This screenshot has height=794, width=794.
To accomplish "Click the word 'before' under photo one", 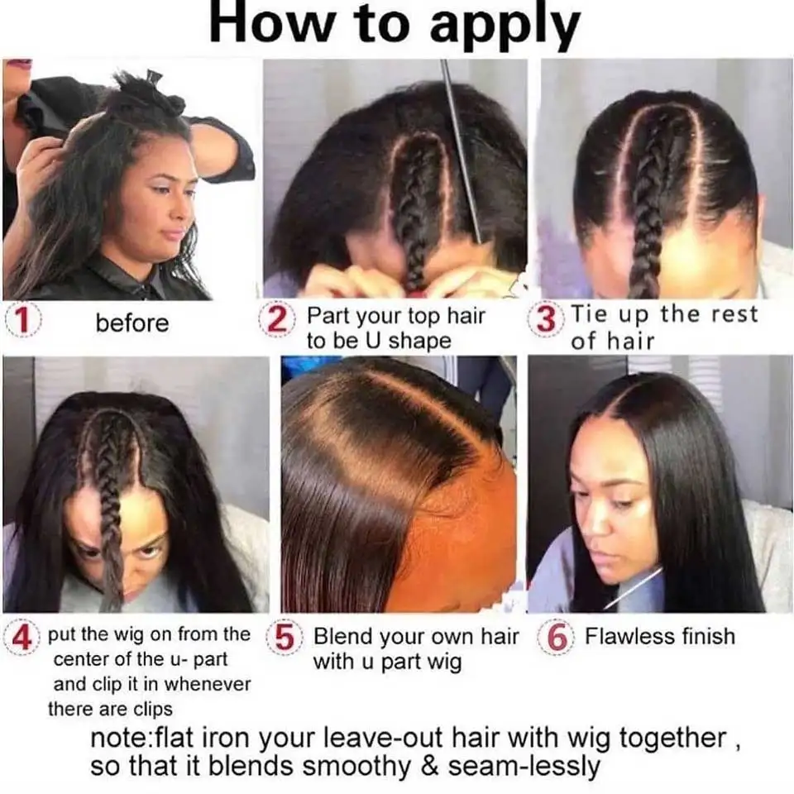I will tap(132, 323).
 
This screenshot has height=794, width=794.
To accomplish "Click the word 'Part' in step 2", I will tap(329, 315).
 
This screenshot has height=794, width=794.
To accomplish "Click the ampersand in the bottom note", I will tap(428, 766).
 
